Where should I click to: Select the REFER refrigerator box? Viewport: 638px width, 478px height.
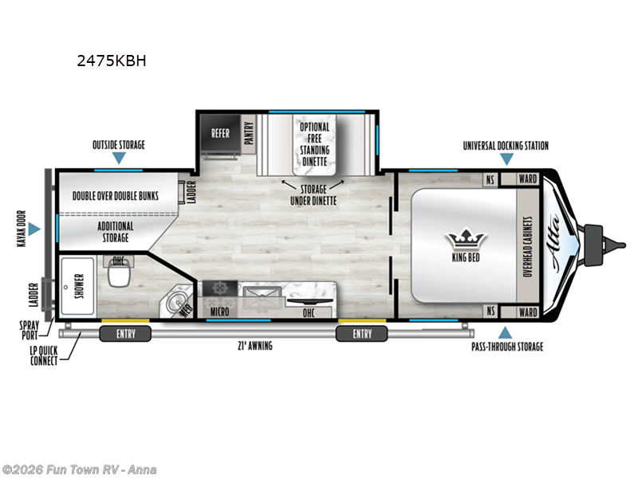(220, 134)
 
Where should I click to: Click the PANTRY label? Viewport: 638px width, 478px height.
(249, 134)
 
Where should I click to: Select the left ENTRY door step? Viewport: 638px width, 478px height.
(126, 333)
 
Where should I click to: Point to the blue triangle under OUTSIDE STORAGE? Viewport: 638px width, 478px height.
(118, 158)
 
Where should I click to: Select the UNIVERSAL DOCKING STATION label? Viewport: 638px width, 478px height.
(506, 146)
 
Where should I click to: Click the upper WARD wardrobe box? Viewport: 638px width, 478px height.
(527, 179)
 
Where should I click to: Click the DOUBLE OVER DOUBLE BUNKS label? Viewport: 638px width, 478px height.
(115, 195)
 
